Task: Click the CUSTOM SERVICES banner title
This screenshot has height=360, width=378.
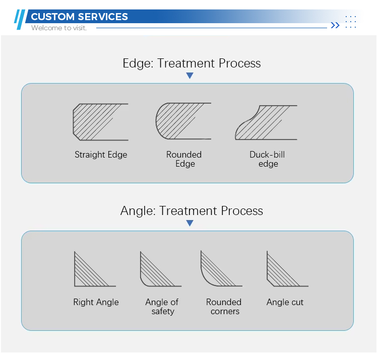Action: point(79,17)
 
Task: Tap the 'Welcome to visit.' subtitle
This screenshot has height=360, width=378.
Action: point(59,28)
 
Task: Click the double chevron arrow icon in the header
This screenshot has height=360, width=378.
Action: point(335,25)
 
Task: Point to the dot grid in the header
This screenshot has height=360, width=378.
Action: point(351,22)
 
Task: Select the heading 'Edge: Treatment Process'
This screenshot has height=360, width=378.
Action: point(192,63)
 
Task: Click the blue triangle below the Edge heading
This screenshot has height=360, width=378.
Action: point(190,76)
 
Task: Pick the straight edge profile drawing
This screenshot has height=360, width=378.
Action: point(100,122)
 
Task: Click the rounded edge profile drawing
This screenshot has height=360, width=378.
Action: point(183,121)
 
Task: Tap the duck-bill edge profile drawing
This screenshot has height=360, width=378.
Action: point(266,122)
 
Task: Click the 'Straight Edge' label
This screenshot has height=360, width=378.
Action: point(101,155)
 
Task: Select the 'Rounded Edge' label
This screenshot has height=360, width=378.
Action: point(184,159)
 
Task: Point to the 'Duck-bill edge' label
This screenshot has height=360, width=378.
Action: point(267,159)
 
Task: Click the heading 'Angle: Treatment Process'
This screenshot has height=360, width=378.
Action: point(192,211)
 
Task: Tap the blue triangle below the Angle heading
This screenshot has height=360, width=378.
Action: point(190,223)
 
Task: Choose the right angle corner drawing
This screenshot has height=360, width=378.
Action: point(95,269)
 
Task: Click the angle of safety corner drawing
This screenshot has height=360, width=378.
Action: point(161,269)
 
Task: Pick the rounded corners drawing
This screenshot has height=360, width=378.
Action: point(222,268)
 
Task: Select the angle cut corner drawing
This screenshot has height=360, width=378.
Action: point(288,269)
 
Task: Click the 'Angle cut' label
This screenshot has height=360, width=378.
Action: point(285,302)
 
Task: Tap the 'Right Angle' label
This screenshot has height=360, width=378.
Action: point(96,302)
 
